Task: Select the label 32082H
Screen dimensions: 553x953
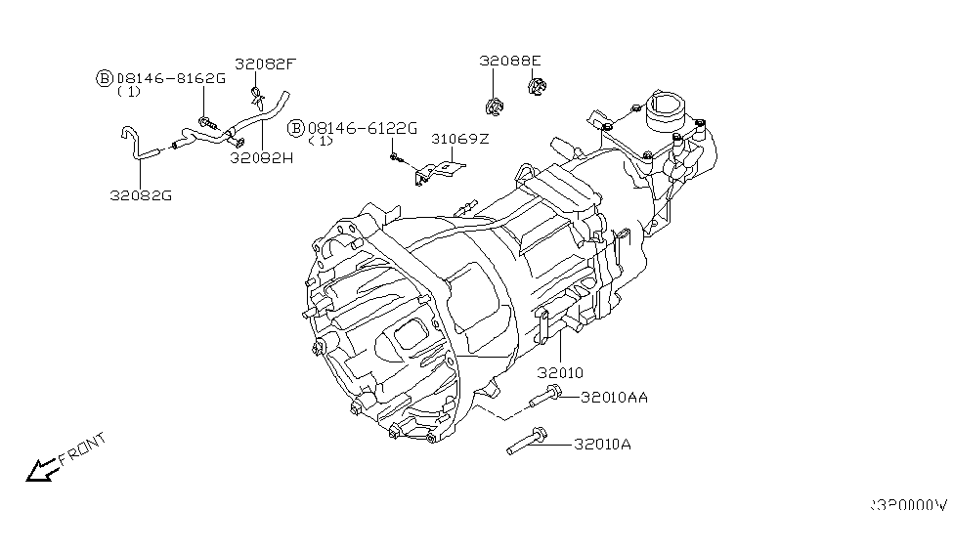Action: tap(262, 156)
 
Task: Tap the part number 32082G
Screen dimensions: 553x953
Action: tap(141, 194)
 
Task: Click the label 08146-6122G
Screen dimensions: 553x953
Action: tap(363, 128)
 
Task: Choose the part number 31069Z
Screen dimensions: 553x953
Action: tap(459, 140)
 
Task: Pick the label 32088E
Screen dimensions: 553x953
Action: tap(509, 61)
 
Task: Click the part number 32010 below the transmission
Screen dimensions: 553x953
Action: tap(560, 372)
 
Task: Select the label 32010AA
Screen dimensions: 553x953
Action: tap(614, 398)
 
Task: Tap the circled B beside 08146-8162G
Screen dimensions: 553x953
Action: tap(104, 77)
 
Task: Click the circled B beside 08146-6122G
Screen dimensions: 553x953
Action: tap(296, 128)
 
